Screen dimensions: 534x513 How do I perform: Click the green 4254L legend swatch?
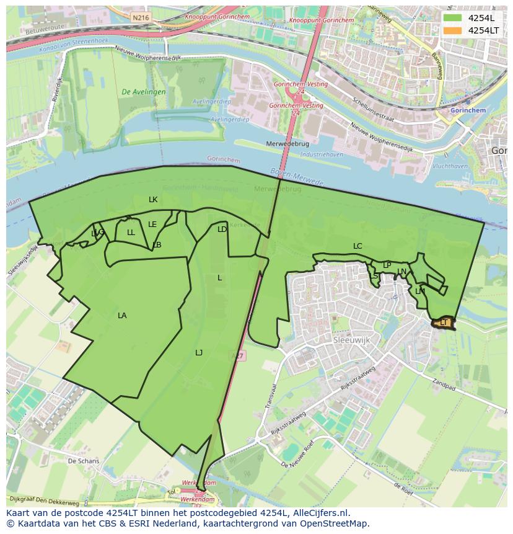pos(453,18)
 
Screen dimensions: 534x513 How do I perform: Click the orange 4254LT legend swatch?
pos(453,30)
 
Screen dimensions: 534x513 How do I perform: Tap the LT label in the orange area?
pos(444,323)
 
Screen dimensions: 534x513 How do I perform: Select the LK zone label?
pos(153,200)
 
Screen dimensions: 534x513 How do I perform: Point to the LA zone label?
pos(122,316)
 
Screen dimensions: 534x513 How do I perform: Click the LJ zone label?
pos(199,353)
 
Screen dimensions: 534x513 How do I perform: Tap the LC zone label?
pos(357,246)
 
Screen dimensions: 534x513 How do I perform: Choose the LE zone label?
pos(152,225)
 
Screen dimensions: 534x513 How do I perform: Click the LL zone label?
pos(131,233)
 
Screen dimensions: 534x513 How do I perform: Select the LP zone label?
pos(387,265)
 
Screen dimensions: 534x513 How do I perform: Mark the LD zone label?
pos(222,229)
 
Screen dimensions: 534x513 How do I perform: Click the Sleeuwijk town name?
pos(351,340)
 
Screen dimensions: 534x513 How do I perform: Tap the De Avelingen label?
pos(144,92)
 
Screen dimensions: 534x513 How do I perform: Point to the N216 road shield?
pos(141,18)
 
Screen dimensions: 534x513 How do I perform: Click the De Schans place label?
pos(83,461)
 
